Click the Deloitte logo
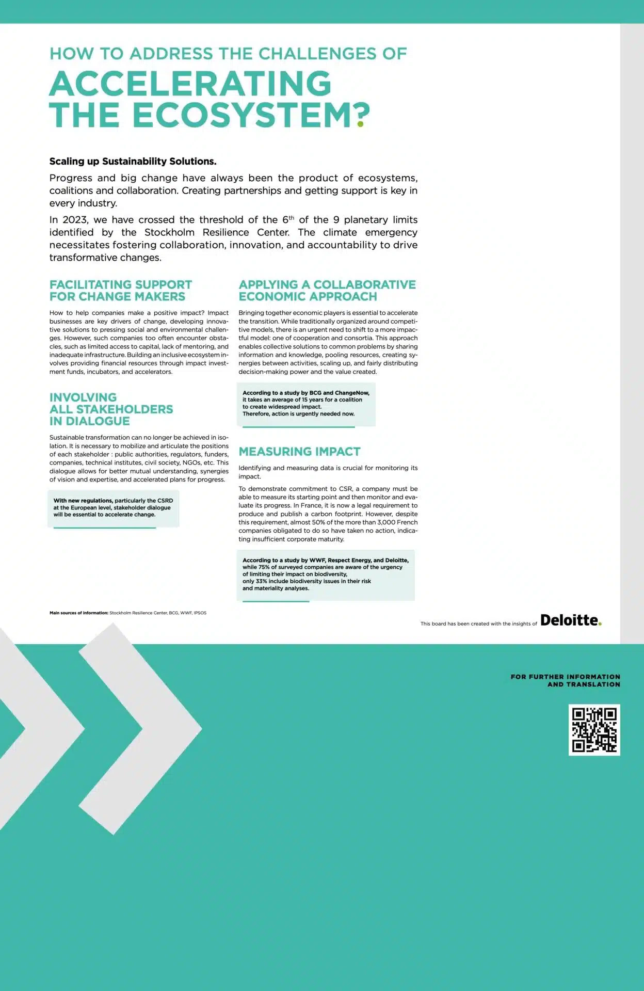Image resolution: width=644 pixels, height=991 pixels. tap(570, 620)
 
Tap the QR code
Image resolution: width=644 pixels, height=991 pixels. tap(594, 729)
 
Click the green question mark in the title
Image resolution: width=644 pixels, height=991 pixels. tap(363, 115)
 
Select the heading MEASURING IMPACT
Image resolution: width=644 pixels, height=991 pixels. tap(299, 452)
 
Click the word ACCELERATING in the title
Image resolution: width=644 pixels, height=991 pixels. tap(190, 84)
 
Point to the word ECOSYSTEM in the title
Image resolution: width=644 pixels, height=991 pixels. tap(243, 115)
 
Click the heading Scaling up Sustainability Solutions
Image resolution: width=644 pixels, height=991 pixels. tap(133, 162)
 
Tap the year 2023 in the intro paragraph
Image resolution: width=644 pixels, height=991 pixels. tap(74, 220)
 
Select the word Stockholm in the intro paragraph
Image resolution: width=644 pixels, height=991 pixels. tap(169, 232)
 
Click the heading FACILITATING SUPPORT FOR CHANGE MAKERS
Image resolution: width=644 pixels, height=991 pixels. tap(120, 291)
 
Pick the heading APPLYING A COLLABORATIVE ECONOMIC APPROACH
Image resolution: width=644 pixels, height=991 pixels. tap(327, 291)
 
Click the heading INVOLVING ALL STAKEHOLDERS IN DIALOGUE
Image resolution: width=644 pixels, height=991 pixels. tap(111, 409)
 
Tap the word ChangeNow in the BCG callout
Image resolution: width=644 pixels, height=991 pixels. tap(352, 393)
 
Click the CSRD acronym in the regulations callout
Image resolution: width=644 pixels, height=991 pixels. tap(165, 501)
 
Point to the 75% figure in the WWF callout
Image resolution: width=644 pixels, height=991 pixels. tap(264, 567)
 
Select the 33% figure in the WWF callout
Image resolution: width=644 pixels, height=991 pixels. tap(261, 581)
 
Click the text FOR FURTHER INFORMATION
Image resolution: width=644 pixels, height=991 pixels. tap(565, 677)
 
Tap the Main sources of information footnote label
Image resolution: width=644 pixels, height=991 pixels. tap(78, 613)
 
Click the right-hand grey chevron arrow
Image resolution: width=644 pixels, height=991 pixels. tap(150, 729)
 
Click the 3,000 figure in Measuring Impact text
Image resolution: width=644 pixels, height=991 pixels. tap(385, 522)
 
